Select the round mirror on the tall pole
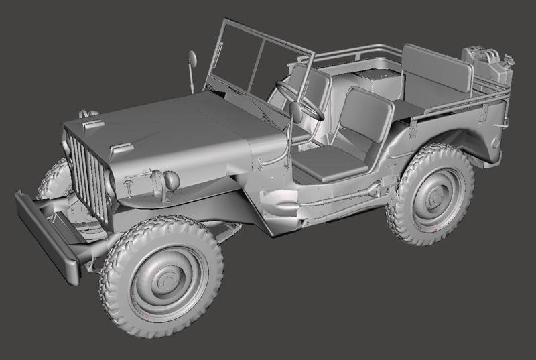(x=192, y=59)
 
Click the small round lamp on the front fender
(x=171, y=180)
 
